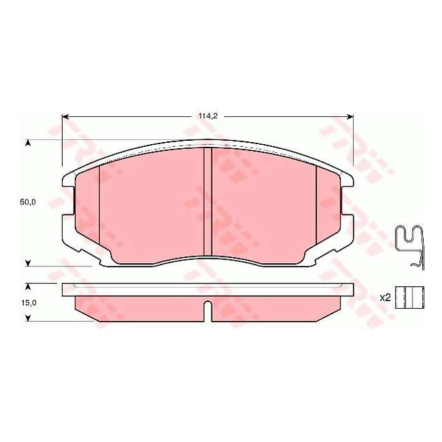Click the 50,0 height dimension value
(27, 202)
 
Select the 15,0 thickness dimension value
(27, 303)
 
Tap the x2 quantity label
(384, 297)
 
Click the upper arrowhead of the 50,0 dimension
(28, 143)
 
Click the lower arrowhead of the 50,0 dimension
(28, 262)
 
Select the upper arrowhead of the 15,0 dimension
(28, 287)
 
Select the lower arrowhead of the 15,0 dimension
(28, 318)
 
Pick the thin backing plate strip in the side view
(208, 290)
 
